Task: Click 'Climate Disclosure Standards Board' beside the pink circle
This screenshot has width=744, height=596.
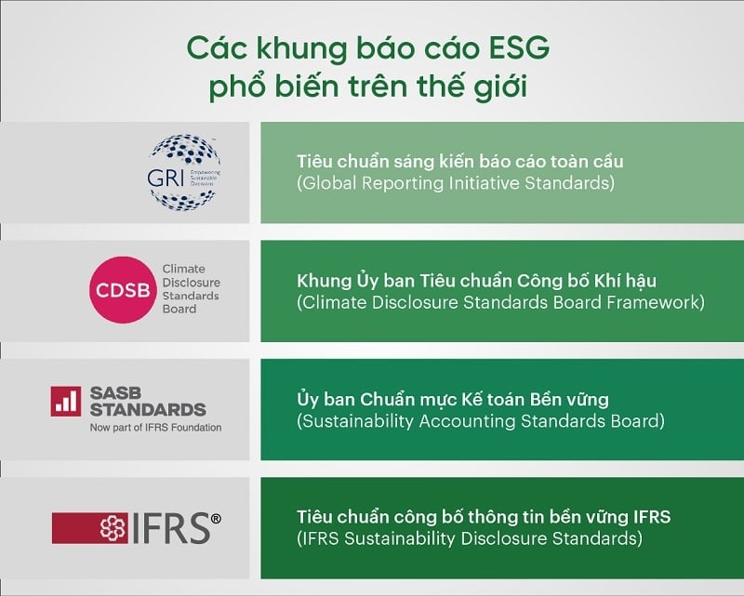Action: coord(191,289)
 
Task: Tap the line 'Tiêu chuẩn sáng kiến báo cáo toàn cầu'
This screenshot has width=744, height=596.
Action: coord(459,161)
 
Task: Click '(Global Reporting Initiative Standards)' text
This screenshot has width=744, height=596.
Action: coord(455,183)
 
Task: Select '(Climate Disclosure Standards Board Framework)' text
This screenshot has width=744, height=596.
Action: coord(500,302)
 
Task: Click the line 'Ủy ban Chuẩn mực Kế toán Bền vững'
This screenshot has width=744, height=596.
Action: coord(452,400)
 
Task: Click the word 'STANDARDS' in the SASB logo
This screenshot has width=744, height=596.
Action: coord(149,409)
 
